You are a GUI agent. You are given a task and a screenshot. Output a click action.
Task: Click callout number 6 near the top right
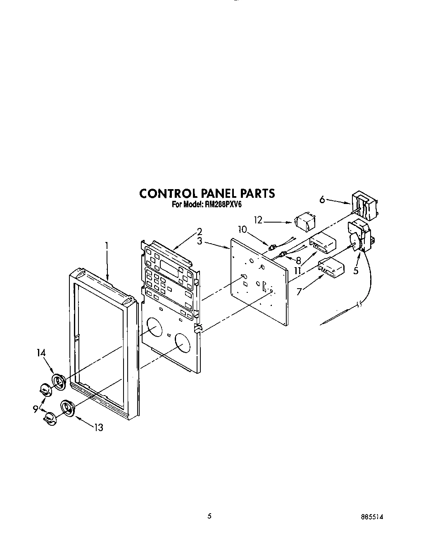322,199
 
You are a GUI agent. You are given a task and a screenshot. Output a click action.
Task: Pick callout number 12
259,220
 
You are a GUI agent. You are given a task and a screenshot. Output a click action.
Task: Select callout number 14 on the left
41,353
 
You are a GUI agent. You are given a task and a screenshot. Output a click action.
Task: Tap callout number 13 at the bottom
98,428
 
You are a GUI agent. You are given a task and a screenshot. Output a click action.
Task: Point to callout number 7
299,291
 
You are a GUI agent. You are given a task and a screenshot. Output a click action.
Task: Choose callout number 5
356,271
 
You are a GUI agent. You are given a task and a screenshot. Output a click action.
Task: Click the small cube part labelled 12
304,223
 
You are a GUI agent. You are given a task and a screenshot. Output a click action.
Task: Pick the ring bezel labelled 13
67,407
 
